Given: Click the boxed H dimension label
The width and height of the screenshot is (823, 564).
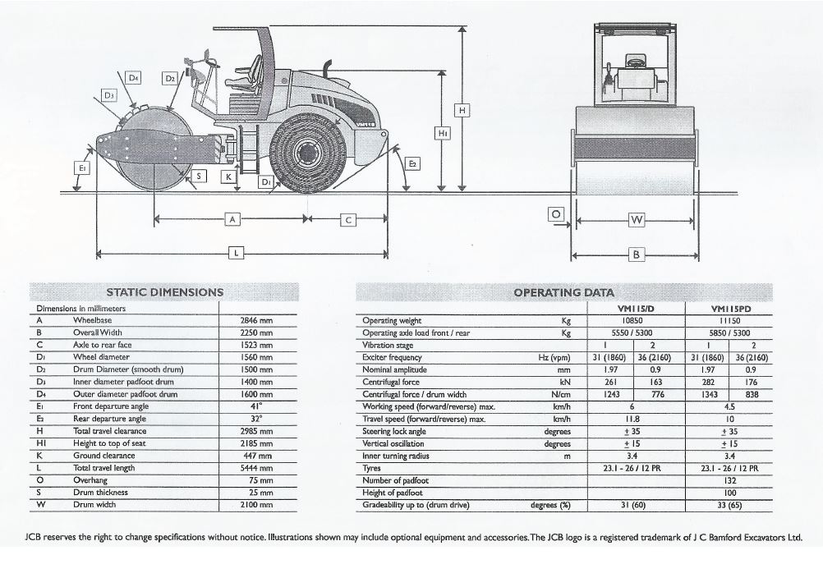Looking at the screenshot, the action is point(462,110).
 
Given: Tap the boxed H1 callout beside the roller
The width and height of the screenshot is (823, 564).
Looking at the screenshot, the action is point(443,134).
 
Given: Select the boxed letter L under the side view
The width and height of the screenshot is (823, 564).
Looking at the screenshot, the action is point(237,253).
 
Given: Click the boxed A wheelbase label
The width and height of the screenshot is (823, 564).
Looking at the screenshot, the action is point(232,218).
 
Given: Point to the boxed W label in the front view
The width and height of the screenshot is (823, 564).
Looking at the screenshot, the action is point(637,220).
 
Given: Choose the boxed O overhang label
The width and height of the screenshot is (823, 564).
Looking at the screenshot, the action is point(556,214).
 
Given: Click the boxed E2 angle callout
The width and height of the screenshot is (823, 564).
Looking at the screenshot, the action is point(413,163).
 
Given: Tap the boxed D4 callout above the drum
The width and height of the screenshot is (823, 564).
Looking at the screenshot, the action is point(134,78).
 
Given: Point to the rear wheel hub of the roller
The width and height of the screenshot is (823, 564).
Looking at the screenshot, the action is point(306,153).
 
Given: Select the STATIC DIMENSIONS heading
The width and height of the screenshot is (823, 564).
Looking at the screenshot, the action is point(165,292).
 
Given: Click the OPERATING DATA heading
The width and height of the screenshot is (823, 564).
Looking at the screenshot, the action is point(563,292).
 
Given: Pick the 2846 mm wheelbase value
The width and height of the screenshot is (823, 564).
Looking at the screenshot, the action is point(256,320).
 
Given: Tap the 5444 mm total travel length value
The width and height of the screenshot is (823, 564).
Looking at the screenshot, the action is point(256,468).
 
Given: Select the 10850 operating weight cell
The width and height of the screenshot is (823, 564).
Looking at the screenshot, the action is point(632,320).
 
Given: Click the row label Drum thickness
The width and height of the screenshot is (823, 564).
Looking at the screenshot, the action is point(100,492).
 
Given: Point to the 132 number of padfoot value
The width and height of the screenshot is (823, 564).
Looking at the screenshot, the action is point(729,480).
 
